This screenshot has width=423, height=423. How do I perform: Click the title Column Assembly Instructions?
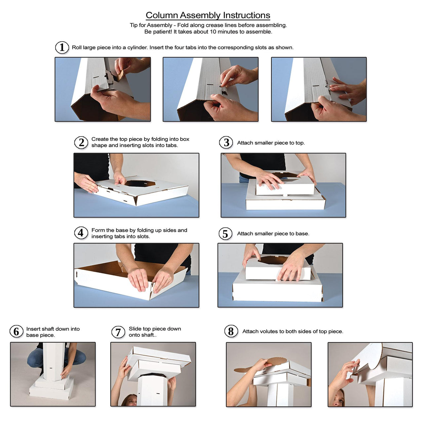point(208,15)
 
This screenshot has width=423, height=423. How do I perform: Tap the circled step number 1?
point(62,48)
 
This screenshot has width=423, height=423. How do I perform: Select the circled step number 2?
point(81,143)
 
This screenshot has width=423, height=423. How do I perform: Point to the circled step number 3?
point(226,143)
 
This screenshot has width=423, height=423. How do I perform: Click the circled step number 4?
point(81,233)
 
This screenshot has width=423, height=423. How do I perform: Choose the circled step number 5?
point(226,234)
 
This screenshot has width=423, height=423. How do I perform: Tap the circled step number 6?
point(17,332)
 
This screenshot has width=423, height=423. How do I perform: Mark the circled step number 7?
point(118,332)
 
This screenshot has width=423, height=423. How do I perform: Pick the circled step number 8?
point(231,331)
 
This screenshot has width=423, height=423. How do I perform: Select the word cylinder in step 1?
point(137,48)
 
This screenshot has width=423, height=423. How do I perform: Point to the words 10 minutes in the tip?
point(224,32)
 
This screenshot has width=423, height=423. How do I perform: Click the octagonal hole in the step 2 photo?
point(140,183)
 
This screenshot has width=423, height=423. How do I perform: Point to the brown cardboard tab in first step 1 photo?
point(120,75)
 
